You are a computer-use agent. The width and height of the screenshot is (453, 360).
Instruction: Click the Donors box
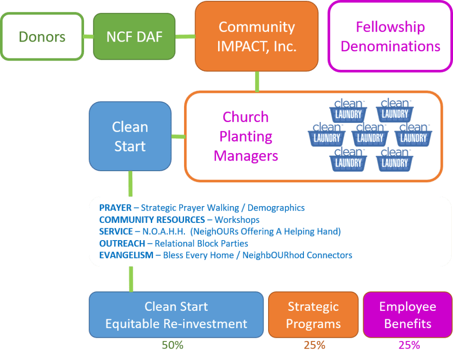[x=42, y=36]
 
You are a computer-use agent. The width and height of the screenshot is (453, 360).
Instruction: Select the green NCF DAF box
[x=134, y=36]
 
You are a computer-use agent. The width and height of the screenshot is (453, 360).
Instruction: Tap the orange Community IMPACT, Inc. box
[x=257, y=36]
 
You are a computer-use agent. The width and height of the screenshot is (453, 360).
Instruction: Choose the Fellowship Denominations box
[x=391, y=36]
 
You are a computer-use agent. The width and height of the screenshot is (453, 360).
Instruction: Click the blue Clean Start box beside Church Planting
[x=130, y=136]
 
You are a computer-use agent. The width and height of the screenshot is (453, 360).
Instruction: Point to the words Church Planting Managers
[x=246, y=136]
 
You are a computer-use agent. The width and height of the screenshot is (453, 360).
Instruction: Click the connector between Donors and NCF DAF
[x=88, y=36]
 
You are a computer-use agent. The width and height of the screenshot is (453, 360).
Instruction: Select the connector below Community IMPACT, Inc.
[x=257, y=81]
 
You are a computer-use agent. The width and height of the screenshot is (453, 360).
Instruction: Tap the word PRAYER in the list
[x=115, y=207]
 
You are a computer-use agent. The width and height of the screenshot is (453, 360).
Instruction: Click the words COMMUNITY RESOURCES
[x=152, y=219]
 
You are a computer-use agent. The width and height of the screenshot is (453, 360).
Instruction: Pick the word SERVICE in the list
[x=116, y=231]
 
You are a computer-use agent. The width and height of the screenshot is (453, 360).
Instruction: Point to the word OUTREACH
[x=122, y=243]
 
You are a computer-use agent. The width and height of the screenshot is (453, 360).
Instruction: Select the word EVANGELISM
[x=126, y=255]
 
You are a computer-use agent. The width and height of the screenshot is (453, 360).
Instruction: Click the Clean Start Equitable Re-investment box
[x=176, y=315]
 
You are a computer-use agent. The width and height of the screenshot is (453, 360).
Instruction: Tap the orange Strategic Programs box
[x=313, y=315]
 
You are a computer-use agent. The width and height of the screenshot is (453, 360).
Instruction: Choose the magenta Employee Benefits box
[x=407, y=315]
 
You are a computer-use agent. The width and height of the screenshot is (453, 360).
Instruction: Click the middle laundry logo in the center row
[x=370, y=135]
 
